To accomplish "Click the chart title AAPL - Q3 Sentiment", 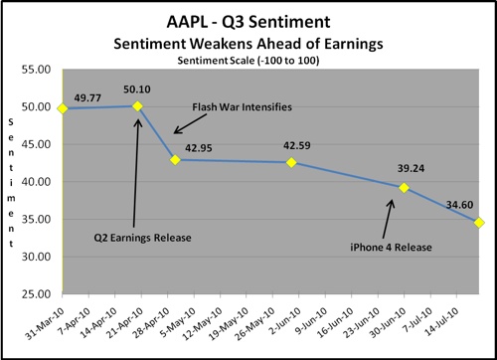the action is [248, 22].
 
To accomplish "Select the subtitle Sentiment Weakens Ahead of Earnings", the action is [248, 44].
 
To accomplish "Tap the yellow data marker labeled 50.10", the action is [137, 106].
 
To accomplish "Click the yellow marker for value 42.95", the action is [175, 160].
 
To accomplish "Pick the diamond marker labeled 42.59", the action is [291, 162].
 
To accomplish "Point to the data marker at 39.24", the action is [404, 188].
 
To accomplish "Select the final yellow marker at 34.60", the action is [479, 223].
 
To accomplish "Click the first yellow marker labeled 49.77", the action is [63, 108].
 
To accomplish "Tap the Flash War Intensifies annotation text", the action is [243, 107].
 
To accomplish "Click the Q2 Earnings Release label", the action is [142, 238].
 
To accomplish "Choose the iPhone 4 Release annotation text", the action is [391, 248].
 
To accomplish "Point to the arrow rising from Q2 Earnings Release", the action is [136, 173].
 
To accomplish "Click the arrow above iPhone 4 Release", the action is [388, 219].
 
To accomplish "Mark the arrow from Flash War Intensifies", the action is [190, 124].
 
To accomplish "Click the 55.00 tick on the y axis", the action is [36, 70].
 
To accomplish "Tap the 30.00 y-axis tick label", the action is [36, 257].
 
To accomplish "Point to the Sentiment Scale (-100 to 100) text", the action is [248, 61].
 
